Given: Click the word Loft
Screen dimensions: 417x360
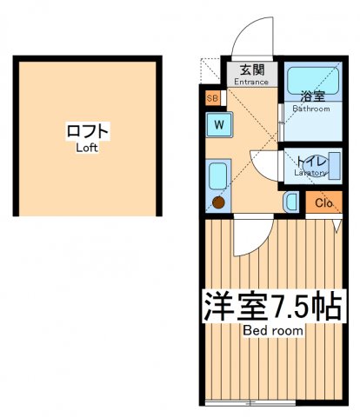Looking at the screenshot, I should (x=86, y=147).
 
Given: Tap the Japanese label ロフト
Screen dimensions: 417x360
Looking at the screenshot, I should (x=87, y=131).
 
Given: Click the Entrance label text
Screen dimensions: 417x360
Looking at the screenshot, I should (x=252, y=82).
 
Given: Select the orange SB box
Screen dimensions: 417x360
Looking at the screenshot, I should (x=212, y=98).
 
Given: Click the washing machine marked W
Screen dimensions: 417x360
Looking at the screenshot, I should (x=220, y=123).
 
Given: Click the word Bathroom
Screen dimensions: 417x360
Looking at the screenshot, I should (x=310, y=109).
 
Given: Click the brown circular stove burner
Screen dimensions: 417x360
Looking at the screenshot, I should (x=218, y=202).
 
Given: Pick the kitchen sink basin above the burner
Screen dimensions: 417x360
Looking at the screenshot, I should (x=218, y=175).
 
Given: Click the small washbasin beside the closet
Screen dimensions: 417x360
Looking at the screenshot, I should (x=290, y=202).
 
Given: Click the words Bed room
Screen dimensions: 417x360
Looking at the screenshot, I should (x=272, y=331).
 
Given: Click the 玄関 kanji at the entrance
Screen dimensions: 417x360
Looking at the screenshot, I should (x=252, y=69).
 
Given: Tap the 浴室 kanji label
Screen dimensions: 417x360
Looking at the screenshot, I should (x=311, y=96).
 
